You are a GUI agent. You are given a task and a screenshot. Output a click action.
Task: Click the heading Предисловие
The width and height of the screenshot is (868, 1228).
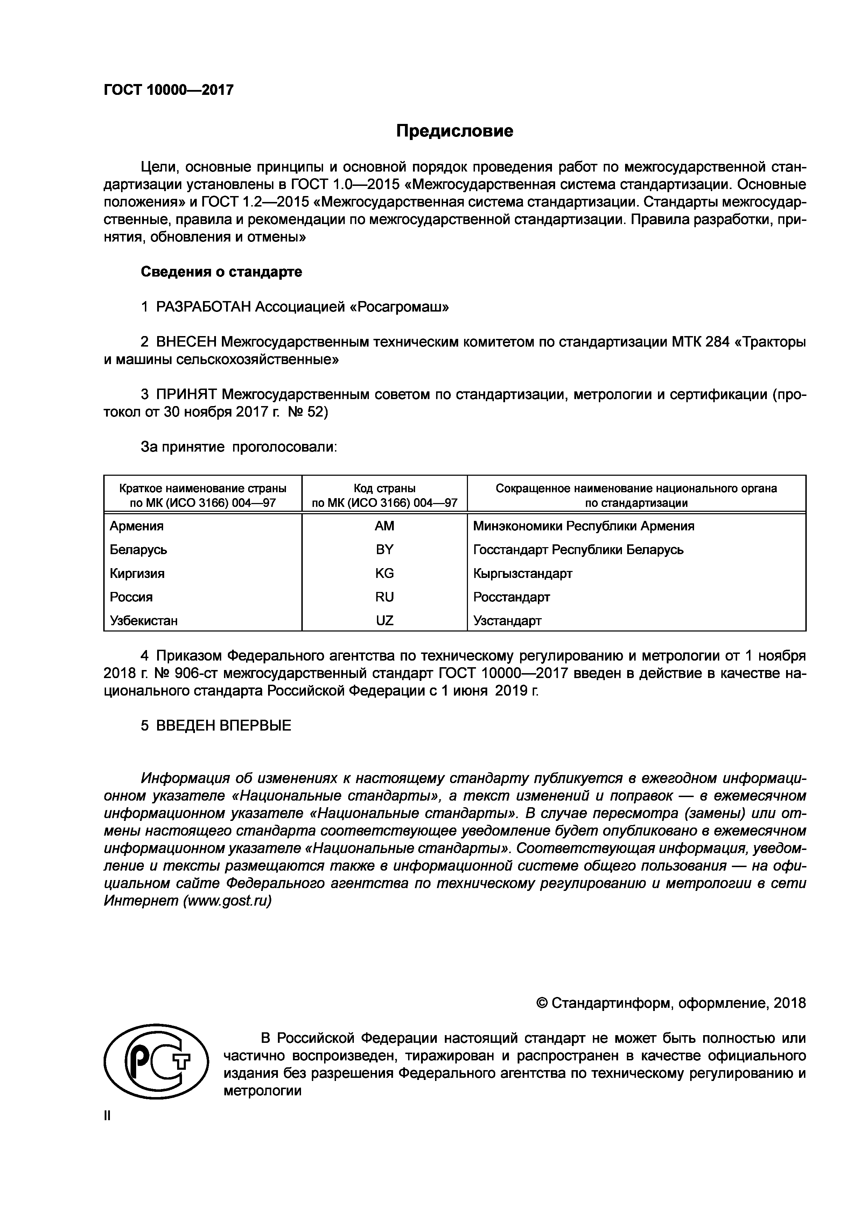[x=455, y=131]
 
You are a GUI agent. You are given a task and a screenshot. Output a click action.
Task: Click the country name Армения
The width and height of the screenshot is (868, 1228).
[x=137, y=526]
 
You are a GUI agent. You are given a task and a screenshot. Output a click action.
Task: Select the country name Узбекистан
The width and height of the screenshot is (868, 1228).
[x=144, y=620]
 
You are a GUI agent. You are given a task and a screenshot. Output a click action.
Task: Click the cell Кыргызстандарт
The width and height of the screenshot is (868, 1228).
[x=523, y=573]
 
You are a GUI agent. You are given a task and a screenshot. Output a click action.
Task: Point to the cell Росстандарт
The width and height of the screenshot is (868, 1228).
[x=511, y=597]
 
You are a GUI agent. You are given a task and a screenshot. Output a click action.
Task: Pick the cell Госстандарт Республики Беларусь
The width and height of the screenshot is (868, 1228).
[x=578, y=550]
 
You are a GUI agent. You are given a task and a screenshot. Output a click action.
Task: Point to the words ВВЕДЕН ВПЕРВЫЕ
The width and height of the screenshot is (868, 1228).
[x=224, y=726]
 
